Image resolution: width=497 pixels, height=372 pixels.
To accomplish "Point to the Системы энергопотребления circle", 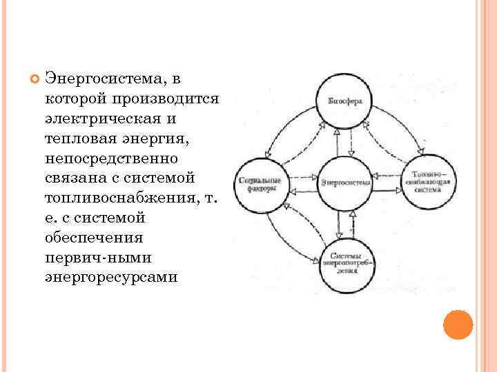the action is (x=345, y=263).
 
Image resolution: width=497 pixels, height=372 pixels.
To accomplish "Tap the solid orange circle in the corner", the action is (x=457, y=324).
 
